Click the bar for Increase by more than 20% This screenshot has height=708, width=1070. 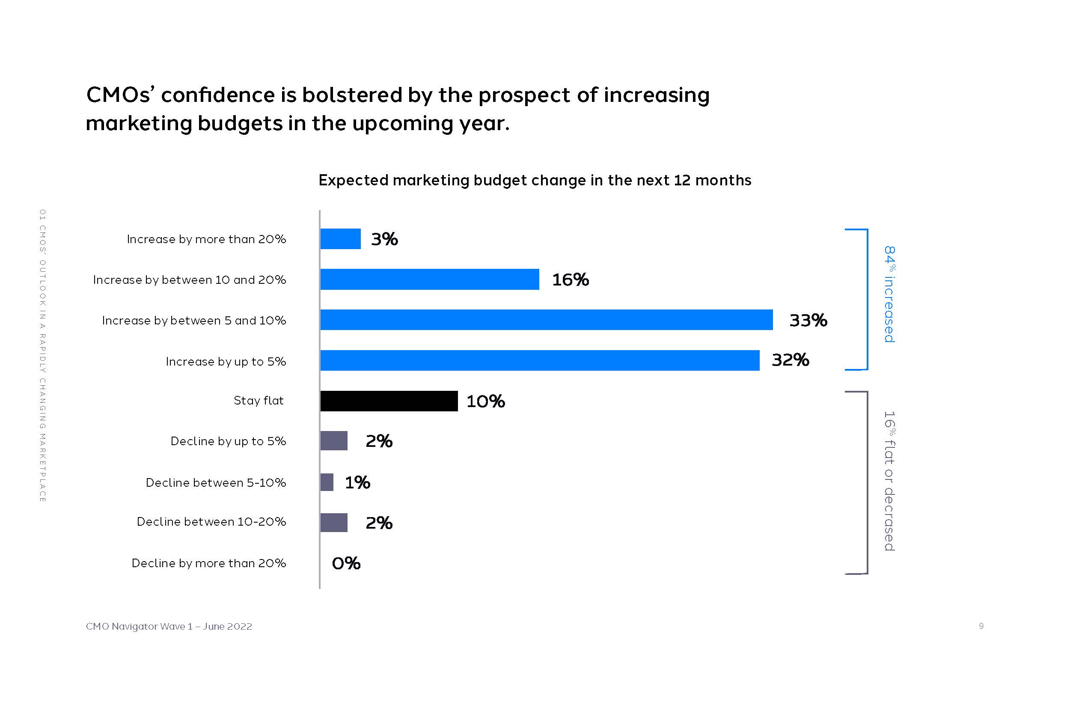[x=340, y=239]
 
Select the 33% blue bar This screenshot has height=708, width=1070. [x=546, y=320]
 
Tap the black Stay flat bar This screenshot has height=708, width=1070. [x=389, y=401]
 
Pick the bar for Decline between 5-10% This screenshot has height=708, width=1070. [x=327, y=482]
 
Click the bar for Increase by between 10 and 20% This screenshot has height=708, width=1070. [x=429, y=279]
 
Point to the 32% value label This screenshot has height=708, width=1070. [x=790, y=360]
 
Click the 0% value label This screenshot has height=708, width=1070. [x=346, y=563]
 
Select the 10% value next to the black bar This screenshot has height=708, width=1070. [x=485, y=401]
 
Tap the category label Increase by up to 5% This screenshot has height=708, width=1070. [x=226, y=361]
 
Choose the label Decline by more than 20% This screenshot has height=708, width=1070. [x=208, y=563]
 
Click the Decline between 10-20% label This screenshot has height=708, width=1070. [x=211, y=521]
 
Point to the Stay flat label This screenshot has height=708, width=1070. [x=258, y=401]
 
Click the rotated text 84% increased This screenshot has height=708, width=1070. [x=889, y=295]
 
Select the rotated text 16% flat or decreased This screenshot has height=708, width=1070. [x=889, y=481]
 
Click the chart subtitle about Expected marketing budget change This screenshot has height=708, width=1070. [x=535, y=180]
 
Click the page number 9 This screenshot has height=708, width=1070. [x=981, y=626]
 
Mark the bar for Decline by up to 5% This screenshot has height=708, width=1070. [x=334, y=441]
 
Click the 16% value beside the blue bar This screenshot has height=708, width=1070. [x=570, y=280]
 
